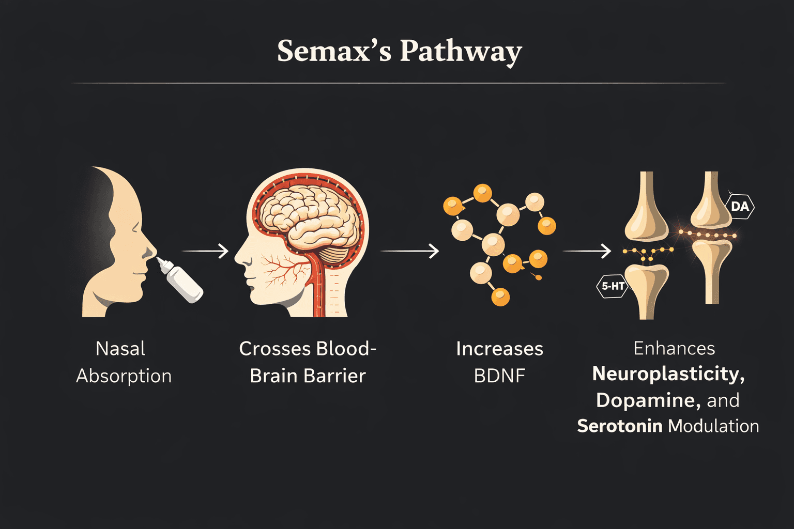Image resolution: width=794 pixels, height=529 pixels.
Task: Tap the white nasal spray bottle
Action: point(184,282)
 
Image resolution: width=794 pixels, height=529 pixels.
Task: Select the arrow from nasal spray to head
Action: point(205,251)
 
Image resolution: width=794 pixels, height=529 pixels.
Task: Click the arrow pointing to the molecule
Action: point(409,251)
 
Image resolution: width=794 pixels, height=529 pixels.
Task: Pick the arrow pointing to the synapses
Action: point(587,251)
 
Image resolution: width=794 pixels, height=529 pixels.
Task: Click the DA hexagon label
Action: point(740,207)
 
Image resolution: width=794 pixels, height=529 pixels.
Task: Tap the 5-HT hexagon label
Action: point(613,286)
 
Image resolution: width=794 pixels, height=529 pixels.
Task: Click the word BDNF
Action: point(499,376)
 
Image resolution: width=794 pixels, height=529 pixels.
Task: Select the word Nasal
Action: point(120,349)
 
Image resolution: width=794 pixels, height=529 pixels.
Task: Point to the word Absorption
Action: point(124,376)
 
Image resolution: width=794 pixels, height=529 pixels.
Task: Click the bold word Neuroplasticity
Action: point(668,374)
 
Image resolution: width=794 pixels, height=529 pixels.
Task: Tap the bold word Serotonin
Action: point(619,426)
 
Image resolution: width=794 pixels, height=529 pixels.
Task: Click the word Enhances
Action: point(674,348)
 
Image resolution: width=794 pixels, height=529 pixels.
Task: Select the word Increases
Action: point(499,349)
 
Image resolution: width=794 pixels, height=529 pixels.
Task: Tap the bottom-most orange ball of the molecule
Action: point(500,297)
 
